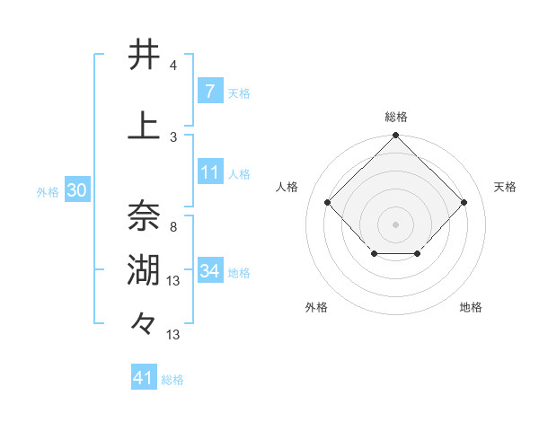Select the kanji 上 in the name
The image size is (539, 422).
[144, 126]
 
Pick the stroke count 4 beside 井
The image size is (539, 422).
[173, 66]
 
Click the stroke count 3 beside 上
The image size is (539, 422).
[173, 136]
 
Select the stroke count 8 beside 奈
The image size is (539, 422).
[173, 227]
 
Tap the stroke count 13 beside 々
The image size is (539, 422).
[173, 335]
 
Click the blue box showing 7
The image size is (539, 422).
[209, 91]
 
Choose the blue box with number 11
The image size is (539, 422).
[209, 171]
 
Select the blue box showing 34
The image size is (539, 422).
[209, 270]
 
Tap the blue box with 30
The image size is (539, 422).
[76, 189]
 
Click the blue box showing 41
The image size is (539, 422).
[144, 378]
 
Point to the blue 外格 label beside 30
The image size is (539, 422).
[48, 191]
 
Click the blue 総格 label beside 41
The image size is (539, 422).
[172, 380]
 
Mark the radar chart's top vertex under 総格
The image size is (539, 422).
[395, 136]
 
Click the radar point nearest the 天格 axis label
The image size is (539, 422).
[464, 203]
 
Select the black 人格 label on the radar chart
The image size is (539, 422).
[287, 187]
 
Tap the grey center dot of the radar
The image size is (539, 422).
[395, 224]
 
